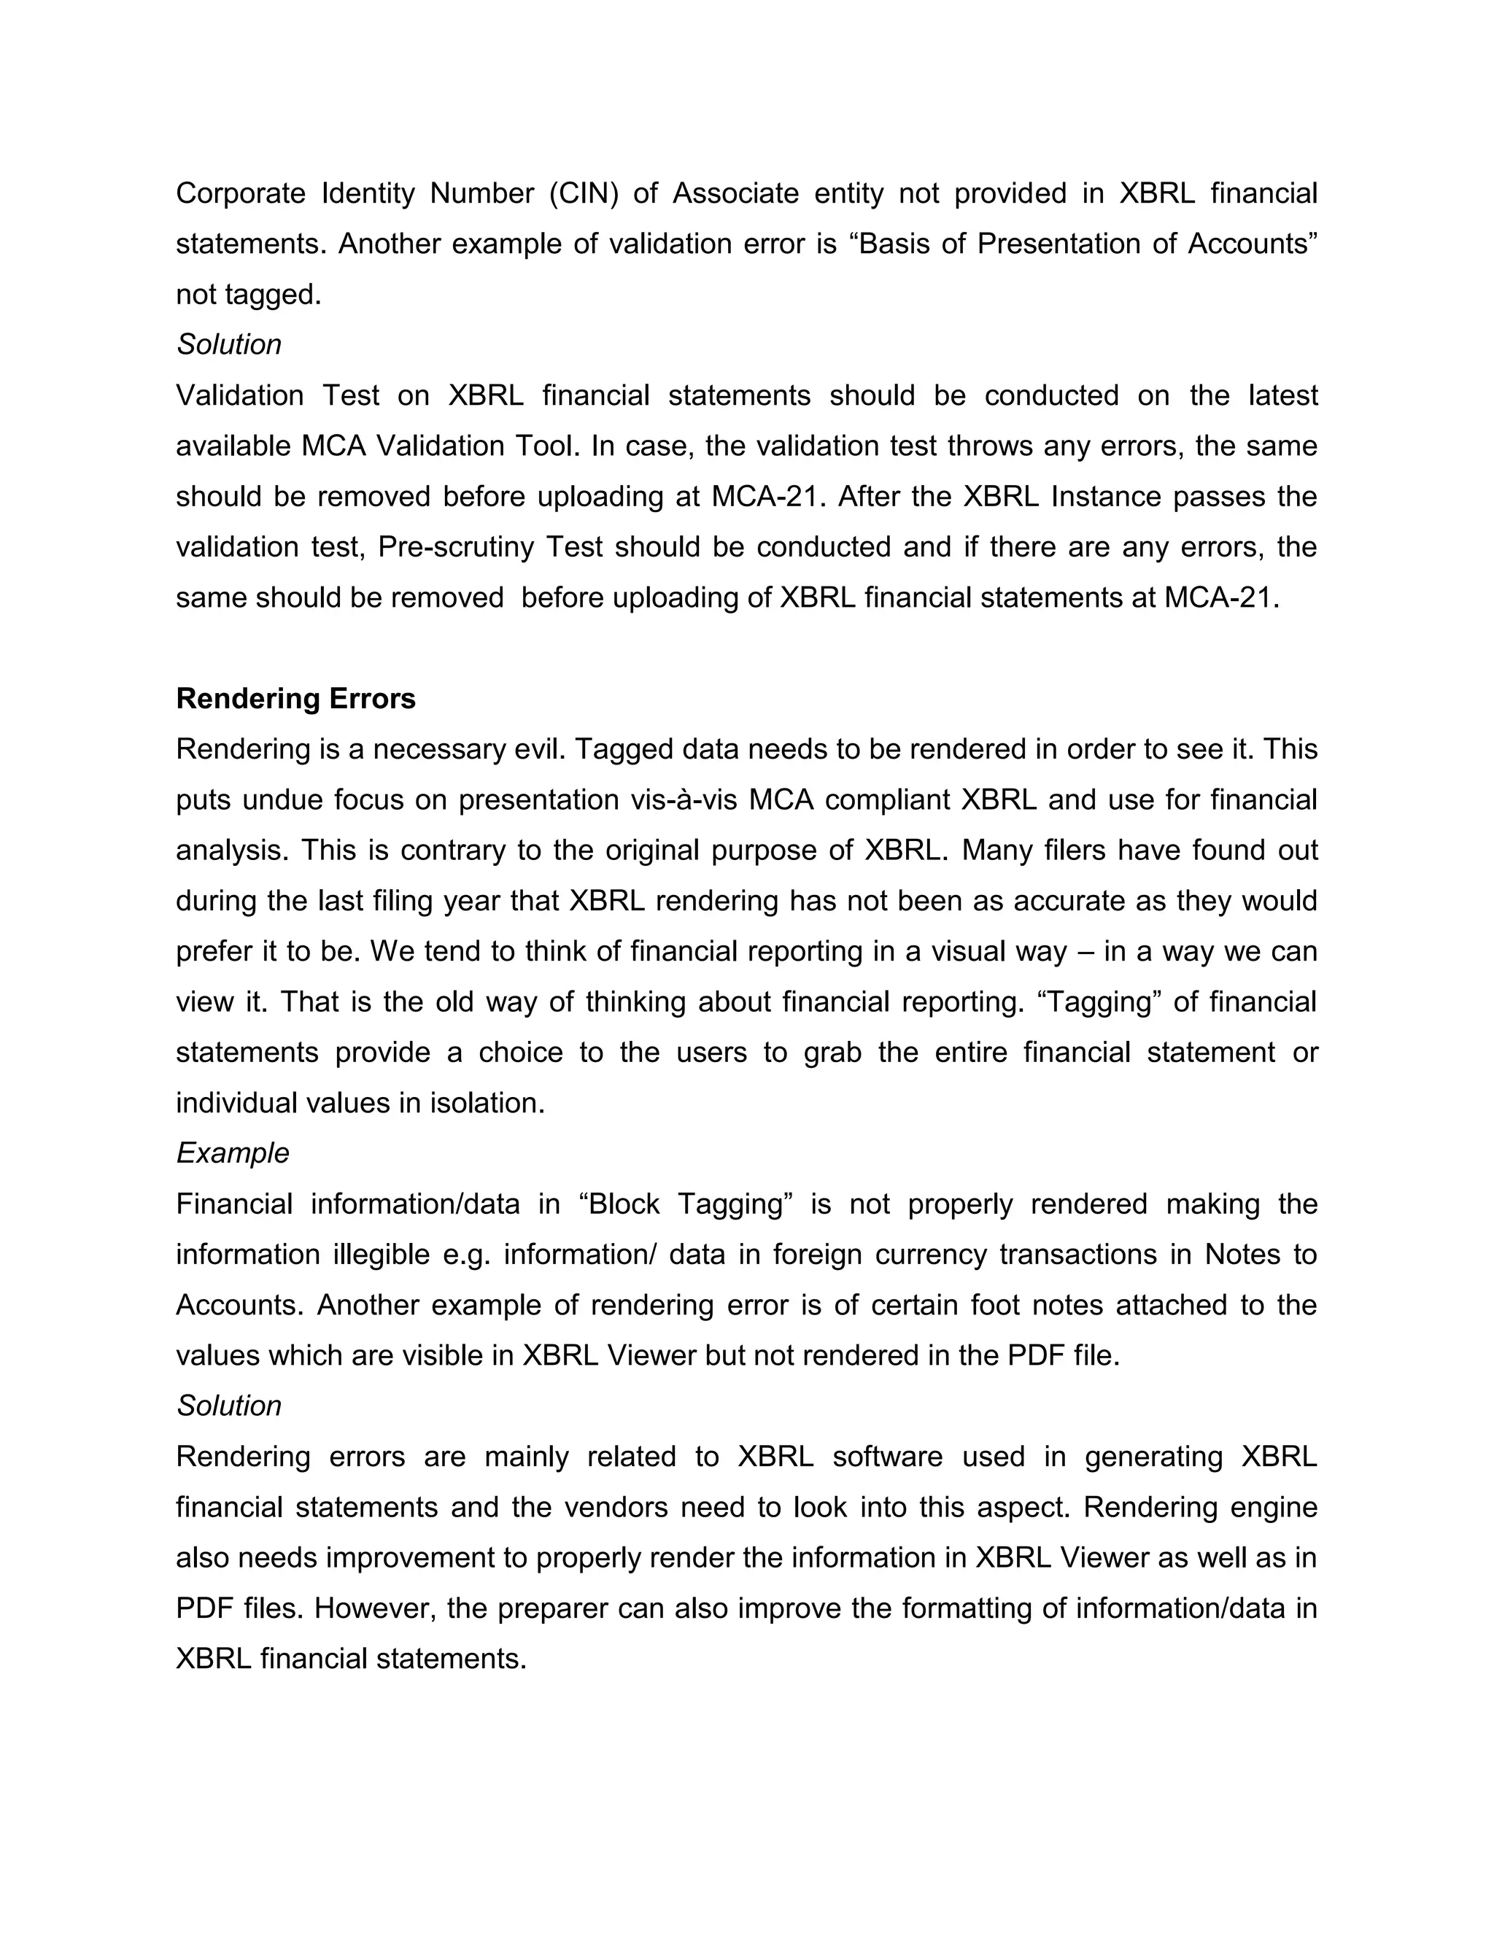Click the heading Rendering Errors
pos(295,698)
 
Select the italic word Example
pos(233,1153)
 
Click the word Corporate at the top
pos(241,193)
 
